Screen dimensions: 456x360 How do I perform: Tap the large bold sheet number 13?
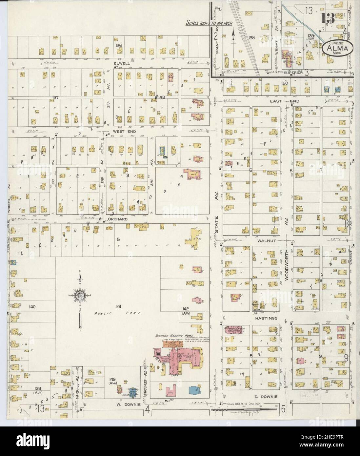point(328,19)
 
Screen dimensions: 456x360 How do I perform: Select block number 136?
point(118,45)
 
